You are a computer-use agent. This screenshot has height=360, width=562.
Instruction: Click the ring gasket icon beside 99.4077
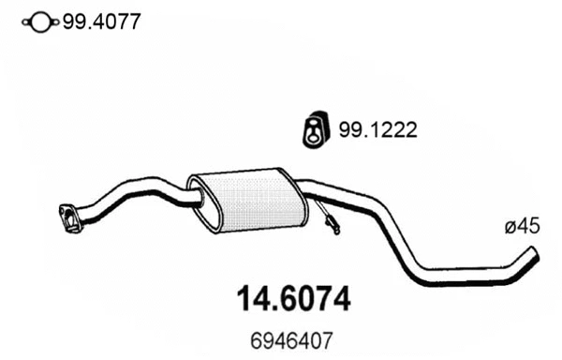coord(40,22)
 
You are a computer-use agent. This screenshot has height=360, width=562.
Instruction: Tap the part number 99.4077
coord(100,21)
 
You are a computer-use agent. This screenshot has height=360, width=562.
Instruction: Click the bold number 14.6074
coord(289,300)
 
